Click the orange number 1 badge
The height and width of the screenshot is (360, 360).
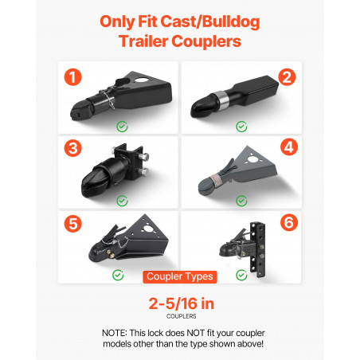tap(72, 77)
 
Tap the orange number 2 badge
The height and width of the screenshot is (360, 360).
tap(287, 77)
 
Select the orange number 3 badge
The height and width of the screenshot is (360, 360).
tap(72, 148)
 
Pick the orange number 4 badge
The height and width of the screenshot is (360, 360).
tap(289, 147)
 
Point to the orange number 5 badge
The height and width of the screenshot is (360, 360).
tap(72, 224)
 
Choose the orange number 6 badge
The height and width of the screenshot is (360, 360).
tap(289, 222)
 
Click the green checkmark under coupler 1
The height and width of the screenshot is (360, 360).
tap(122, 127)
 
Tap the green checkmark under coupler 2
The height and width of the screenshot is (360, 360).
tap(241, 127)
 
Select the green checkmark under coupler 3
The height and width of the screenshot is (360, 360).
tap(122, 201)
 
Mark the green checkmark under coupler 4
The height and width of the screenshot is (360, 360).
tap(241, 201)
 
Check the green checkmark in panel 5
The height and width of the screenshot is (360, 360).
tap(118, 275)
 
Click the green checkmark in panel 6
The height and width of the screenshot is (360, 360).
tap(241, 275)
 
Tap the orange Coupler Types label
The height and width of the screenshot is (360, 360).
tap(180, 276)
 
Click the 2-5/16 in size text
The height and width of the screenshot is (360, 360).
tap(182, 303)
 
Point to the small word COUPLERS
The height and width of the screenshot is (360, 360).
tap(182, 316)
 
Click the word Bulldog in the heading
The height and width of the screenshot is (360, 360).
tap(231, 22)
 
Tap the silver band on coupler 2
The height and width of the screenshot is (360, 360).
tap(221, 101)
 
